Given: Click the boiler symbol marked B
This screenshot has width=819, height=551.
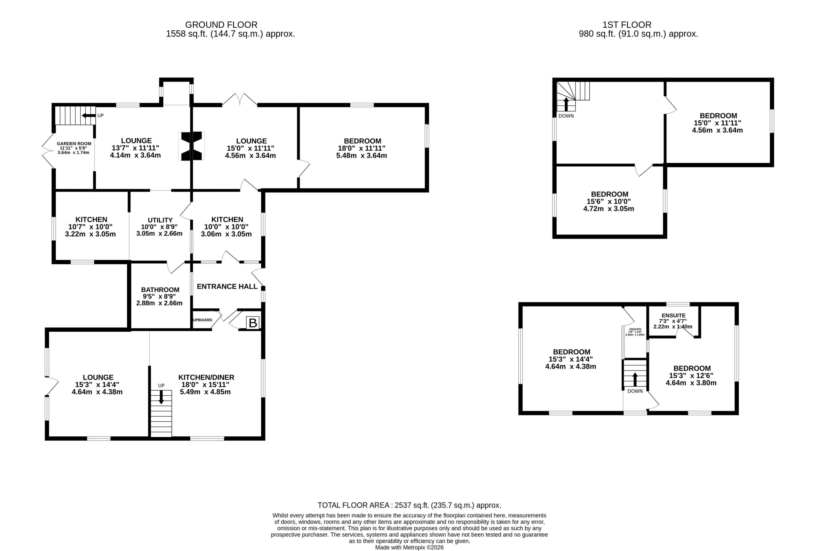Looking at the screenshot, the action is (252, 323).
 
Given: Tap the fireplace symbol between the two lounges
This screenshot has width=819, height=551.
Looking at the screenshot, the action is (192, 146).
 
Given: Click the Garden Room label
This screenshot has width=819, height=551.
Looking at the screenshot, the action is (74, 144).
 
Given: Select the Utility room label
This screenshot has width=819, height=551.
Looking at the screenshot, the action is (160, 220).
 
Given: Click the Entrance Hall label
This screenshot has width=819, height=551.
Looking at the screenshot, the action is (227, 287).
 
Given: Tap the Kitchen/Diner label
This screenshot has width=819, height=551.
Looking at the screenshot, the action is (206, 377).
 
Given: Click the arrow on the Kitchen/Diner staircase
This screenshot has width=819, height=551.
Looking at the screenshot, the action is (161, 397).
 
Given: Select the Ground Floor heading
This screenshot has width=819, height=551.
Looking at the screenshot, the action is (221, 25).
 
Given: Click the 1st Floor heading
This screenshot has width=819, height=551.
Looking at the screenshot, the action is (627, 25).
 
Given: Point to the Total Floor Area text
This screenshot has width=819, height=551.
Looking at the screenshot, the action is (409, 505).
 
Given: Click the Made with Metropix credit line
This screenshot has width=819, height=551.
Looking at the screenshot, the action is (409, 547).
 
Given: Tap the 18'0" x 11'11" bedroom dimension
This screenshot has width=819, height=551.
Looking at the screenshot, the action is (362, 148).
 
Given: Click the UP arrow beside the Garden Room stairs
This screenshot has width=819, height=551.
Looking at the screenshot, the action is (89, 116).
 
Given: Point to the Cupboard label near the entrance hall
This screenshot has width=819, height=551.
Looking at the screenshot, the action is (203, 320).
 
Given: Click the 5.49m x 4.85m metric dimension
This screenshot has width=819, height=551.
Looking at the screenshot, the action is (205, 392).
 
